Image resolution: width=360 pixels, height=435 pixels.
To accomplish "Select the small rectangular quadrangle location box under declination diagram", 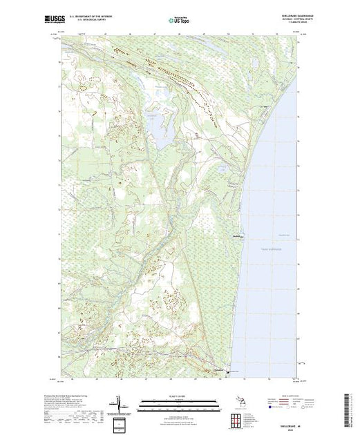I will [122, 422].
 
